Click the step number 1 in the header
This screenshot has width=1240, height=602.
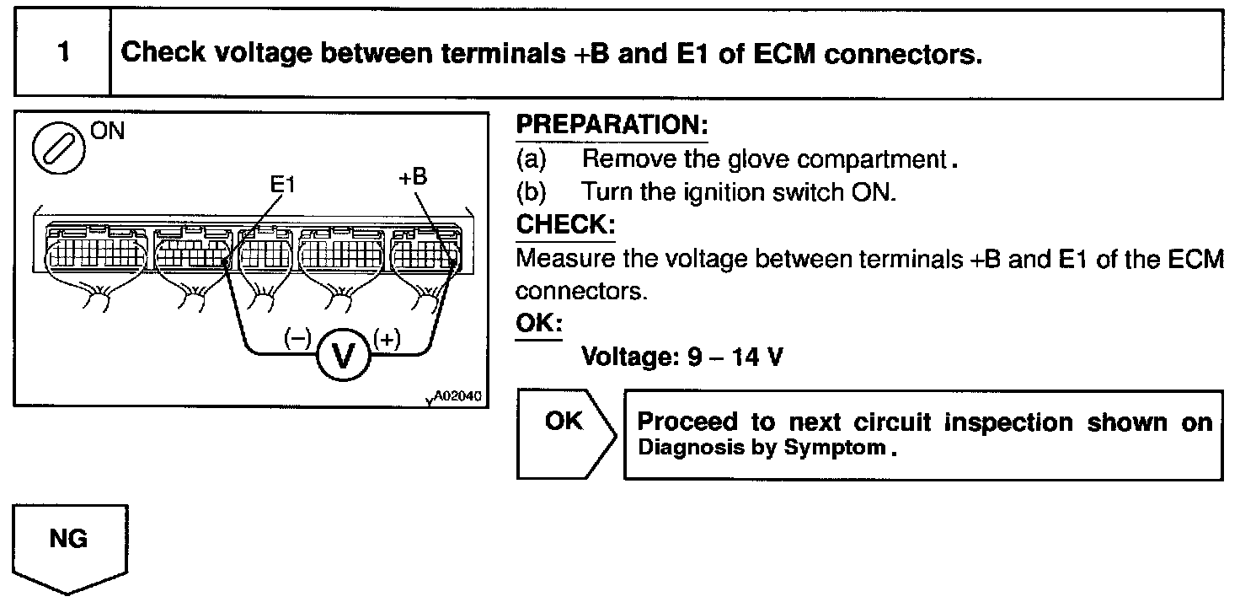click(64, 52)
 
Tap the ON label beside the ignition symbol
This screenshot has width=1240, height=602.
click(103, 132)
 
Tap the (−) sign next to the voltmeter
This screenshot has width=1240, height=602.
click(297, 338)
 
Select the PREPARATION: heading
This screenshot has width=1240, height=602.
click(612, 126)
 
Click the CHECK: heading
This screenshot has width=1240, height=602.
click(565, 225)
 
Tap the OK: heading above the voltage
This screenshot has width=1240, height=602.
click(538, 324)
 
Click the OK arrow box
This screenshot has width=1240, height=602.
click(564, 433)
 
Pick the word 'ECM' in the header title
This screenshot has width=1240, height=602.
click(775, 53)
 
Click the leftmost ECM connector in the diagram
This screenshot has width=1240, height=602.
click(95, 249)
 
